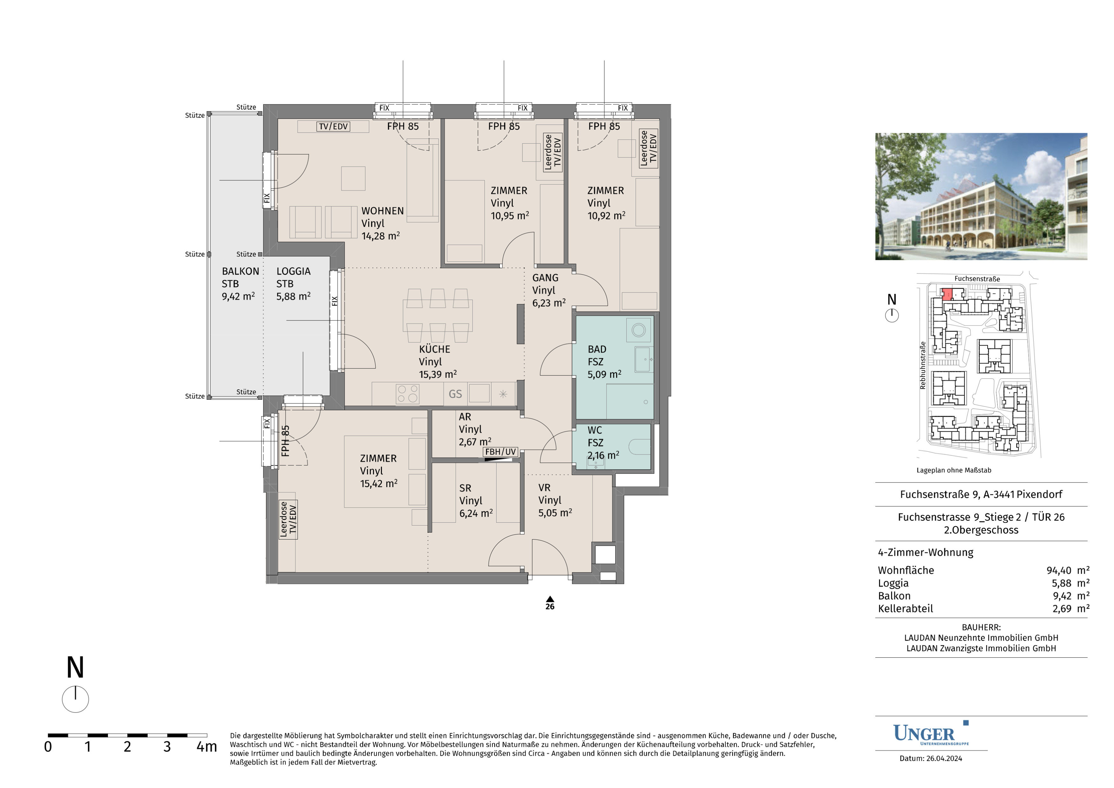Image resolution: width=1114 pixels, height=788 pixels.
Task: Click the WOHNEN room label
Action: pyautogui.click(x=382, y=211)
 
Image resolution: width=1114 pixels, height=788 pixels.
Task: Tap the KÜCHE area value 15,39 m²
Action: pyautogui.click(x=438, y=374)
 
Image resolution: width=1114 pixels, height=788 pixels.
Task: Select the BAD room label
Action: pyautogui.click(x=597, y=349)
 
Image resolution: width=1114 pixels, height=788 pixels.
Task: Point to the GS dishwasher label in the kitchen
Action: pyautogui.click(x=455, y=394)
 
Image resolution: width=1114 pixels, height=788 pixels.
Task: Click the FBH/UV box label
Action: pyautogui.click(x=500, y=452)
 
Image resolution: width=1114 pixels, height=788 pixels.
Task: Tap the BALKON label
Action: pyautogui.click(x=240, y=271)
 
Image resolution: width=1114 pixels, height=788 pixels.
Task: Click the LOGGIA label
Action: pyautogui.click(x=293, y=271)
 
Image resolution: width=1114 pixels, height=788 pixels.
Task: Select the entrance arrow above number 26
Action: pyautogui.click(x=550, y=599)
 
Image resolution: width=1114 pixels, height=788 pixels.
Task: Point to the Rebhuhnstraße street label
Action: pyautogui.click(x=923, y=365)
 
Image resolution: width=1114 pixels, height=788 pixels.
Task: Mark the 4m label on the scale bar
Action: pyautogui.click(x=207, y=747)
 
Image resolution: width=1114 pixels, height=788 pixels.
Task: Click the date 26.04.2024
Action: pyautogui.click(x=944, y=758)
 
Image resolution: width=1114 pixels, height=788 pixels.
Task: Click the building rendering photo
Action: pyautogui.click(x=981, y=197)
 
